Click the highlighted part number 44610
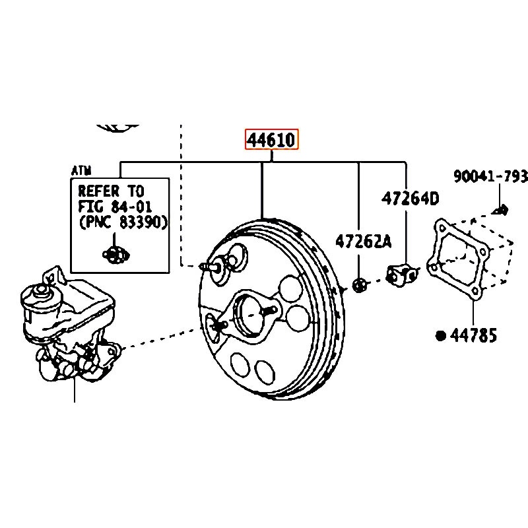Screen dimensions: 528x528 [x=272, y=140]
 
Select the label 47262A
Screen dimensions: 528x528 [x=363, y=242]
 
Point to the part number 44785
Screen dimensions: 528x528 [x=473, y=335]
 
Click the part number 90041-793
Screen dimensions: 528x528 [x=490, y=177]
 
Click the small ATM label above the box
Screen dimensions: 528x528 [x=81, y=171]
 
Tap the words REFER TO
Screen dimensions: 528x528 [x=111, y=191]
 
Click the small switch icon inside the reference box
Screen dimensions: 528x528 [x=116, y=252]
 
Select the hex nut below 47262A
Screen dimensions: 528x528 [x=360, y=286]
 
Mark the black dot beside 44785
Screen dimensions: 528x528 [x=441, y=335]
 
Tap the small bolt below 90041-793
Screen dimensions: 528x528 [x=500, y=211]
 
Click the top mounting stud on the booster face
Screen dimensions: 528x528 [x=213, y=267]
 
